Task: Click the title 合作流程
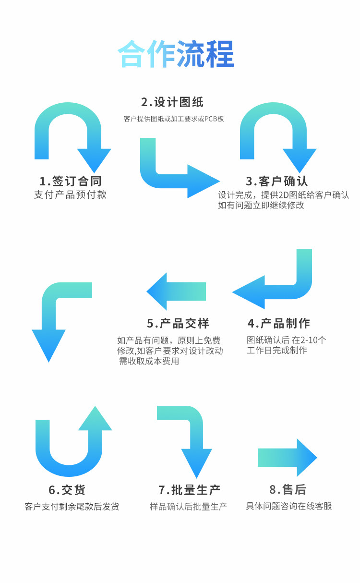(176, 54)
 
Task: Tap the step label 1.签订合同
(71, 181)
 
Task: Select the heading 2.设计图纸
(172, 102)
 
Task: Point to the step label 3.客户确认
(277, 181)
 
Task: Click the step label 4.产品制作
(279, 323)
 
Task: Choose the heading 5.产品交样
(178, 323)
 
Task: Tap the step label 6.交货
(67, 490)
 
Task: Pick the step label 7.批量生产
(190, 490)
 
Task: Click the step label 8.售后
(288, 490)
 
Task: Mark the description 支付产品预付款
(71, 194)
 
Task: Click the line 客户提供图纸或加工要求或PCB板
(174, 119)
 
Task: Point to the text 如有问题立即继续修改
(261, 206)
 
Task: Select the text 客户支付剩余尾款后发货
(72, 506)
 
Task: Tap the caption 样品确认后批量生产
(188, 506)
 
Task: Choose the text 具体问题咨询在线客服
(289, 506)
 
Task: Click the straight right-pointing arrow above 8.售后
(287, 458)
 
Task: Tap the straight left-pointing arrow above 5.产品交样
(177, 291)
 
